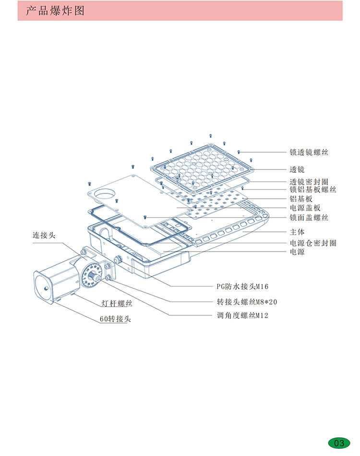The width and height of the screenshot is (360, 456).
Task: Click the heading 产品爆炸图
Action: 55,11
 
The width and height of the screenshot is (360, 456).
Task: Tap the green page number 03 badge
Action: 339,442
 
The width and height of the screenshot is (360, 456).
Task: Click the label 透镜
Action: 297,169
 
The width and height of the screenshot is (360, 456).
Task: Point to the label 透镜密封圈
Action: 309,182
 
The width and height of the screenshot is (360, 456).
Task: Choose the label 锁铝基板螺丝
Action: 312,190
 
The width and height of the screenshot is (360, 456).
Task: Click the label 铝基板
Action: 301,199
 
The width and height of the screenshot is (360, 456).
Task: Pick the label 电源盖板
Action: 305,208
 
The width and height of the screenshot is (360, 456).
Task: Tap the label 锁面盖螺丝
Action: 309,217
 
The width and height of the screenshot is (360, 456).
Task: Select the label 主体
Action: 297,232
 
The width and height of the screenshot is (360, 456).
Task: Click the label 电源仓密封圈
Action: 312,243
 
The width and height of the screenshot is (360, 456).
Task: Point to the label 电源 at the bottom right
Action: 297,252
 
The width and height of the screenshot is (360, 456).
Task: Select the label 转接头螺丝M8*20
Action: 247,302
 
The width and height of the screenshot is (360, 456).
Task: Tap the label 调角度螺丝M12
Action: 242,315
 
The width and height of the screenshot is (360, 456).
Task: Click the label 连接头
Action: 44,236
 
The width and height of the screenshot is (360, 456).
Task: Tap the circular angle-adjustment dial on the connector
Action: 91,275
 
